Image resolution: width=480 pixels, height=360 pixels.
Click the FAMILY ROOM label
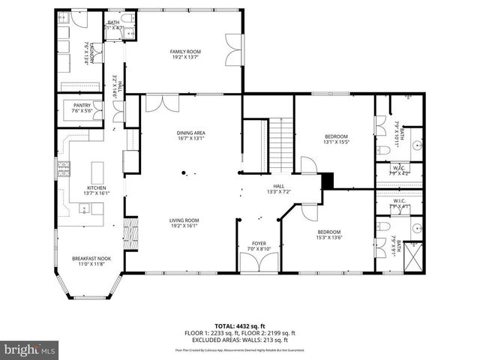click(x=185, y=52)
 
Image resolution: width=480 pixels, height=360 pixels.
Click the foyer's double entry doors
click(x=258, y=264)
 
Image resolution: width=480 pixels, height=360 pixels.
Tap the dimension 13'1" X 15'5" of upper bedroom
click(x=336, y=142)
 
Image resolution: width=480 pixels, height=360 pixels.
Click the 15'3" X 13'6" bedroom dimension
click(x=328, y=238)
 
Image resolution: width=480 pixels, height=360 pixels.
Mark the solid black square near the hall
click(x=327, y=181)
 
